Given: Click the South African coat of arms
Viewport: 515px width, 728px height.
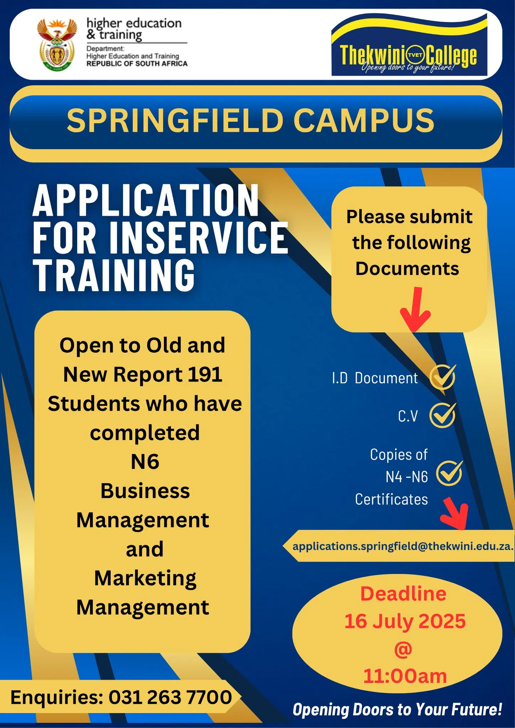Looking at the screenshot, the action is [x=57, y=45].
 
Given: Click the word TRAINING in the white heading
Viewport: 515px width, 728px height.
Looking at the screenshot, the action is [x=114, y=275].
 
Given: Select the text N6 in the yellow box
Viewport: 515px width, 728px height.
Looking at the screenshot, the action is [x=145, y=462].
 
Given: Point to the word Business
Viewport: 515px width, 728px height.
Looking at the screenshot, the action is [x=145, y=491].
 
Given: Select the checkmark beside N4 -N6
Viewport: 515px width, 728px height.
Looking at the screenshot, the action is [x=450, y=473].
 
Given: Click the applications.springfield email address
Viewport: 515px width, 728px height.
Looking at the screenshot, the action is [x=403, y=546].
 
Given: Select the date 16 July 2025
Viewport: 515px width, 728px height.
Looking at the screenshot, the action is [x=405, y=621].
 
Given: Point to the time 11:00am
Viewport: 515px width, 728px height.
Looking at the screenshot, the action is [x=405, y=676].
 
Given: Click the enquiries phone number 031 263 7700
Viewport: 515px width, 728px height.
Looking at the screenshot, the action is [x=170, y=697].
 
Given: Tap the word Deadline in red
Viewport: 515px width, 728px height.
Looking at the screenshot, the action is [x=403, y=594].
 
